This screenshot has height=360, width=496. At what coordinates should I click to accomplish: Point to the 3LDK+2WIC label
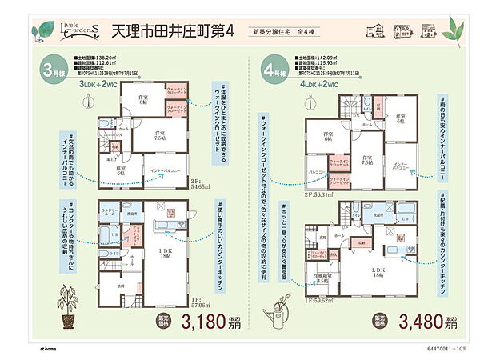pos(99,83)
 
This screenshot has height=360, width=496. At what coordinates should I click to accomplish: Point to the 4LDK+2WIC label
pos(318,83)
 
